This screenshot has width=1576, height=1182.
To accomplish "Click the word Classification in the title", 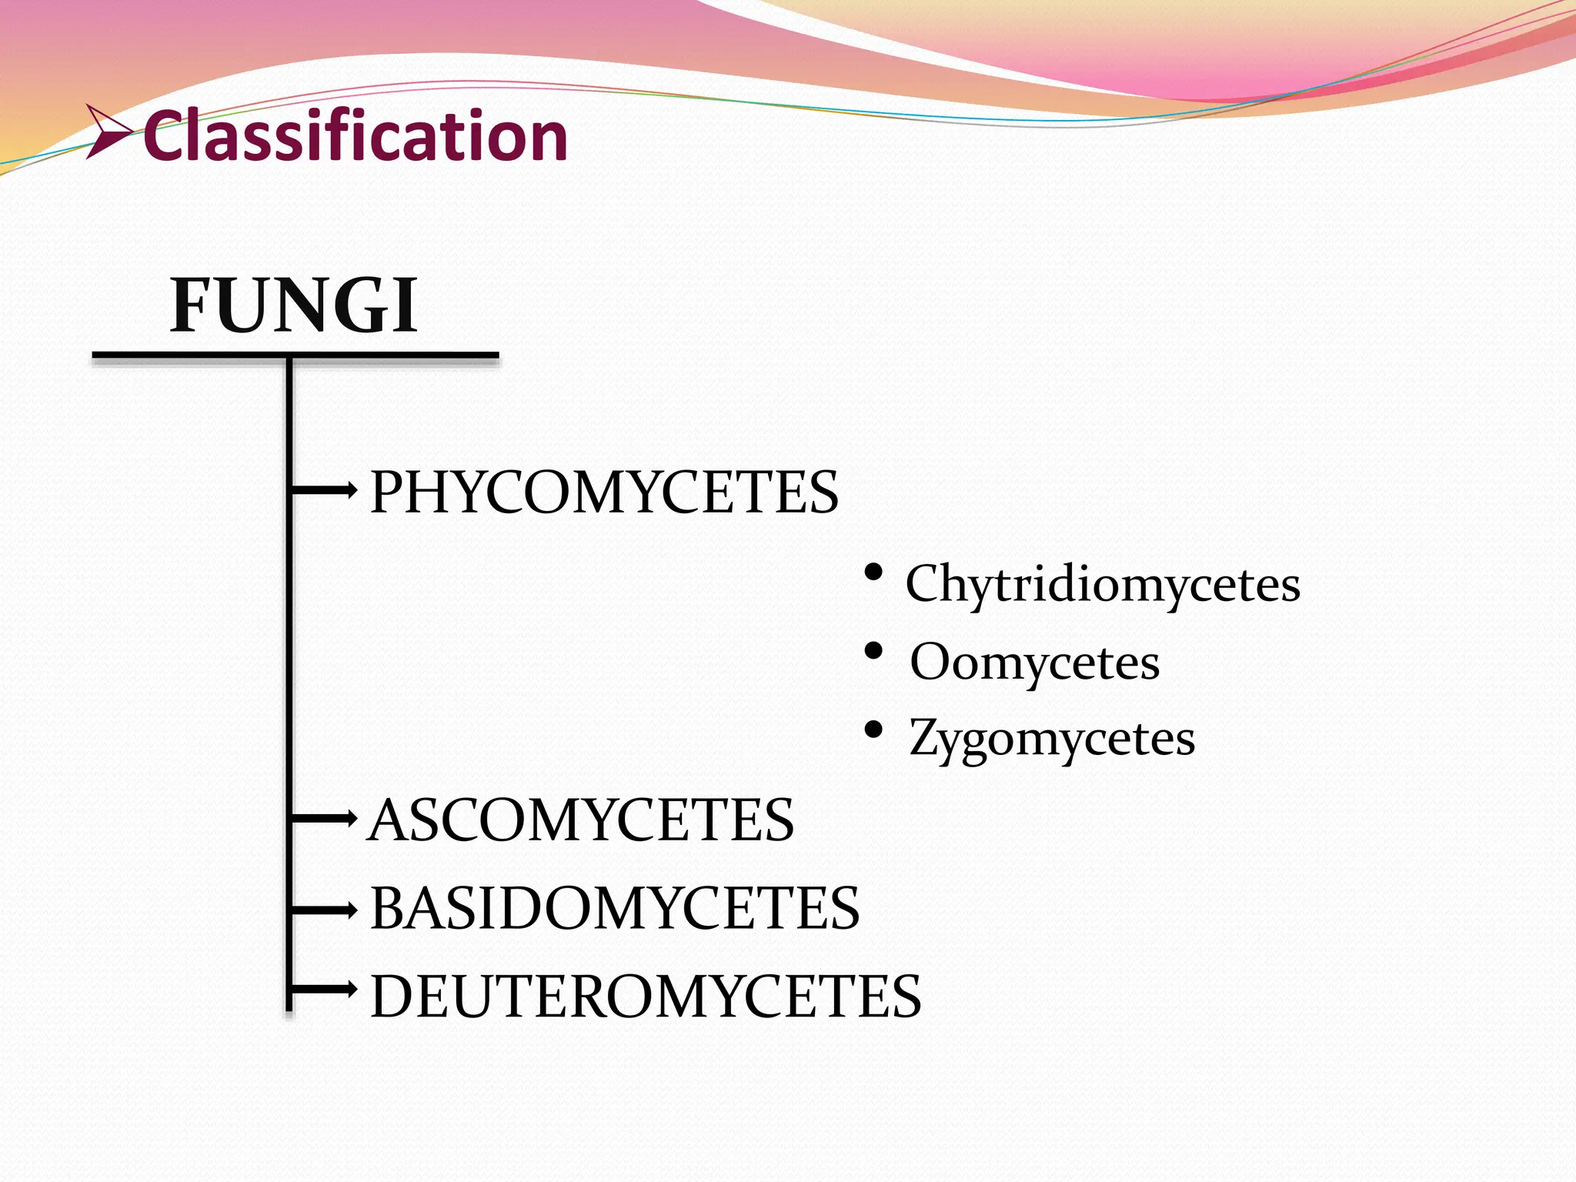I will pyautogui.click(x=356, y=136).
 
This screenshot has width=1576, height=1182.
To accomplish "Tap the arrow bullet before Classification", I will pyautogui.click(x=108, y=132).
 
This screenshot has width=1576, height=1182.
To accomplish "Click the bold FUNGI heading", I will pyautogui.click(x=293, y=306).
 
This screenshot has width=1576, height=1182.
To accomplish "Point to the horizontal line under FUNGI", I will pyautogui.click(x=295, y=356).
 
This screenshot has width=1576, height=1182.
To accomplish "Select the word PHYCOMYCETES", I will pyautogui.click(x=604, y=492).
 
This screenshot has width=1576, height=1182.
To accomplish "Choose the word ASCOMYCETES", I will pyautogui.click(x=581, y=820).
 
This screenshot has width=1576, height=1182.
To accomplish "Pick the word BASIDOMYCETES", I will pyautogui.click(x=614, y=908).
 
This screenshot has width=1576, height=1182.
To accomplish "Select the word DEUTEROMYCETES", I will pyautogui.click(x=645, y=997).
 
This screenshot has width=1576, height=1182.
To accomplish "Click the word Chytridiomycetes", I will pyautogui.click(x=1102, y=584).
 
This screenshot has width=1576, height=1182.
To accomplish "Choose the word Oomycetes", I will pyautogui.click(x=1034, y=662).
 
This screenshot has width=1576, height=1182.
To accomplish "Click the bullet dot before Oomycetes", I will pyautogui.click(x=873, y=651).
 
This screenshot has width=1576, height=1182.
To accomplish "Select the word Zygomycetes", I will pyautogui.click(x=1051, y=739).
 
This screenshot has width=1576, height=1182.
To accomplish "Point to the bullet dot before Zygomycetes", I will pyautogui.click(x=873, y=729).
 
